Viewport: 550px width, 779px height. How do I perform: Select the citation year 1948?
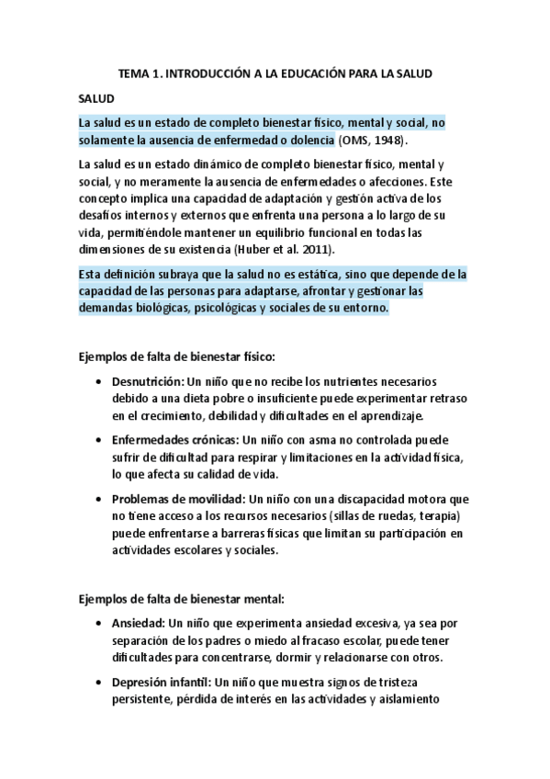(387, 141)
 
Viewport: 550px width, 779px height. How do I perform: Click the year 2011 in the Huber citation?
(316, 249)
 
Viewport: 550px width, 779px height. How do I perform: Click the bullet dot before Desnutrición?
(97, 381)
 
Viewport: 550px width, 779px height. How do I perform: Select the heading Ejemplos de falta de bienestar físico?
(176, 356)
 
